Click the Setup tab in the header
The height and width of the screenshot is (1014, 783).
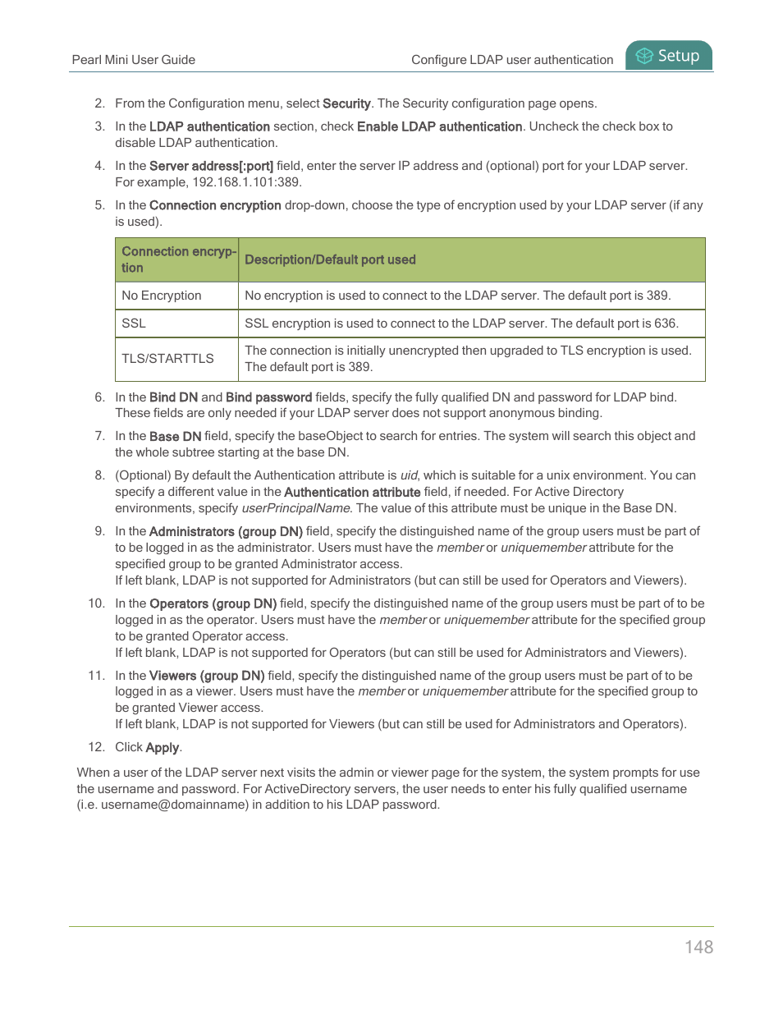coord(669,56)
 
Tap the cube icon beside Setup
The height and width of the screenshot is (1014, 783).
coord(644,56)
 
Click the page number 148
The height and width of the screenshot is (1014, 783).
coord(698,947)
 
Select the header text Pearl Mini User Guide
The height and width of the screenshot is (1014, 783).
coord(134,60)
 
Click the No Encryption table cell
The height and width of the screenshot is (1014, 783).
coord(162,296)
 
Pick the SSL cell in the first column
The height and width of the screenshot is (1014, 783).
coord(134,323)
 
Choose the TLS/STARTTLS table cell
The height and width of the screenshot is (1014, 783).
coord(167,359)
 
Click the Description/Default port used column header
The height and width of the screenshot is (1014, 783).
coord(330,259)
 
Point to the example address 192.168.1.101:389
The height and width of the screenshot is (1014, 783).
coord(246,182)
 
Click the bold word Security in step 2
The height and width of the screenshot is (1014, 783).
coord(346,103)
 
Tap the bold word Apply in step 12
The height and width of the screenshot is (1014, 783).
coord(162,747)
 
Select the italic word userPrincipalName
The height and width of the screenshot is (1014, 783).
coord(295,508)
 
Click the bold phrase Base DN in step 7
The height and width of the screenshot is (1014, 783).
coord(175,436)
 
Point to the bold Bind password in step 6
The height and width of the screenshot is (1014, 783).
coord(268,397)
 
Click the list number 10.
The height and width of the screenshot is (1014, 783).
coord(97,603)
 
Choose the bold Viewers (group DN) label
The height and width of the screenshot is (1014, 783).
coord(207,676)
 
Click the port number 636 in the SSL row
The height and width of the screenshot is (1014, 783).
coord(666,323)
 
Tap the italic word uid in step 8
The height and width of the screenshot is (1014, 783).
coord(409,475)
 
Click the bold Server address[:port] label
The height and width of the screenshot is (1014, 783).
coord(211,166)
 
